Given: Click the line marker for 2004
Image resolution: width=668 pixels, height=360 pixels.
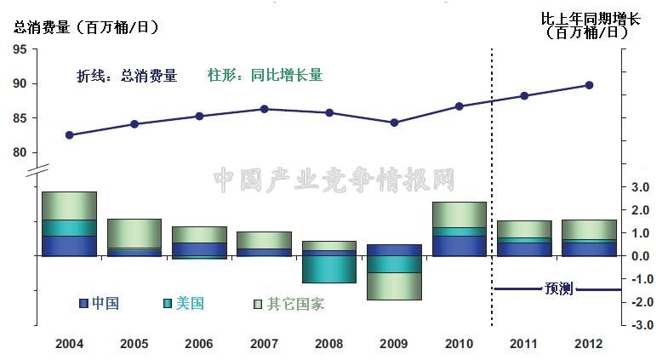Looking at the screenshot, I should pyautogui.click(x=69, y=134).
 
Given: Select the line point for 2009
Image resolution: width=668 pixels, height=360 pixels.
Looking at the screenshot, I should pyautogui.click(x=395, y=123).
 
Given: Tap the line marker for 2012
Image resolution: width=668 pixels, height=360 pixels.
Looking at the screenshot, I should pyautogui.click(x=589, y=85).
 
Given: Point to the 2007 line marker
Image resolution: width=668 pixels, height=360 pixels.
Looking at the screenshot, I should pyautogui.click(x=265, y=109).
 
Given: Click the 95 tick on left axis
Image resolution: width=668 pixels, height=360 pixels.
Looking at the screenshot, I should pyautogui.click(x=19, y=49).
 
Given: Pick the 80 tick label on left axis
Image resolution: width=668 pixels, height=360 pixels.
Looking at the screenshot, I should pyautogui.click(x=19, y=152).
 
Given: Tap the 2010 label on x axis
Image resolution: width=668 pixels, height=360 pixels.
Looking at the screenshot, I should pyautogui.click(x=460, y=343).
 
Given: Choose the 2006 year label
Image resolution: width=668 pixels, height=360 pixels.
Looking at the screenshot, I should pyautogui.click(x=199, y=343).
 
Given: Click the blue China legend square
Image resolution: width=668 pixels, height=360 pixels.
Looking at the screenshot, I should pyautogui.click(x=83, y=303).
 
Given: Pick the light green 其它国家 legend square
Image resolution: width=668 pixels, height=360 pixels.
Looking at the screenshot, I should pyautogui.click(x=259, y=303).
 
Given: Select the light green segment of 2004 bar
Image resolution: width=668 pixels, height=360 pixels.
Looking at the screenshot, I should pyautogui.click(x=69, y=205).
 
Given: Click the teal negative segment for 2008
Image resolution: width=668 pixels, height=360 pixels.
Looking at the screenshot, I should pyautogui.click(x=329, y=269).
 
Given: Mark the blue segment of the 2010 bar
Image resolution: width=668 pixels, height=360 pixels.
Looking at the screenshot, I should pyautogui.click(x=460, y=245).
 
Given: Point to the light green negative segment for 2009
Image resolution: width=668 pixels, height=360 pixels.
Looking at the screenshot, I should pyautogui.click(x=395, y=286).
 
